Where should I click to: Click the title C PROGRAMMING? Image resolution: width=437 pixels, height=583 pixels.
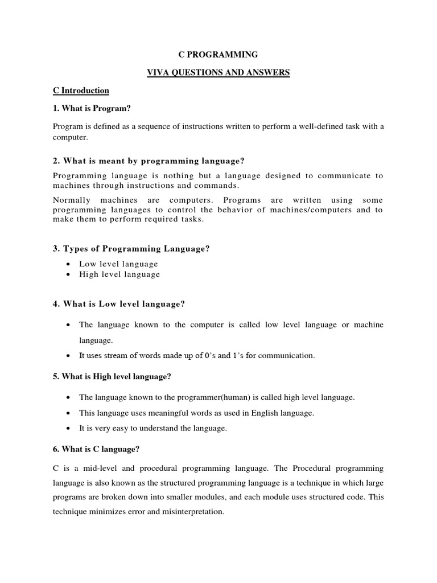(218, 55)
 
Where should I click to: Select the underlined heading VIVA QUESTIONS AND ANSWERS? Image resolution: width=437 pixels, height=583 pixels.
(218, 72)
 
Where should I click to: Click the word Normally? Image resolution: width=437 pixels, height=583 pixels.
(73, 200)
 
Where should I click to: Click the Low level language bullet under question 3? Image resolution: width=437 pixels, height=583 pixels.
(118, 264)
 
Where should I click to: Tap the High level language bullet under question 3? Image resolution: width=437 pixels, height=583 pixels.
(119, 274)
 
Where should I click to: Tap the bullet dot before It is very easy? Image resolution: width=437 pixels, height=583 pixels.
(68, 429)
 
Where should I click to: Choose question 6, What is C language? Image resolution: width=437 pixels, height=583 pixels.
(96, 449)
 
